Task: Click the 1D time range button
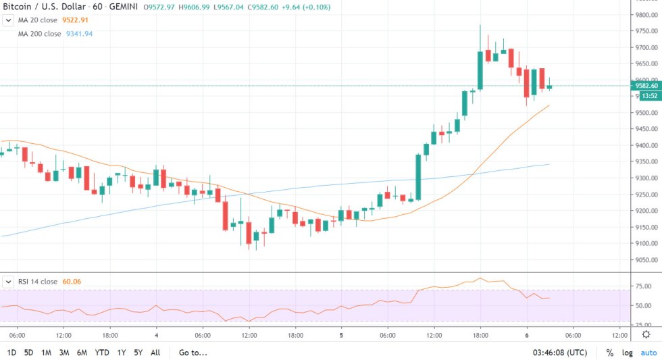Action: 12,353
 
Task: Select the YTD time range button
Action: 103,353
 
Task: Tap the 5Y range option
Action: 138,353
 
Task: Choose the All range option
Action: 155,353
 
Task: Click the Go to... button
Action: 193,353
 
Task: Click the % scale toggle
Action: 610,353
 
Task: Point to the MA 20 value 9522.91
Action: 80,20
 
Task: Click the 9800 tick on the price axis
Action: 642,15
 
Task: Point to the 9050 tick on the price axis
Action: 642,260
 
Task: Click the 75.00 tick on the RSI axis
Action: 642,286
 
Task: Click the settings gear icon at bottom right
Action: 646,334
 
